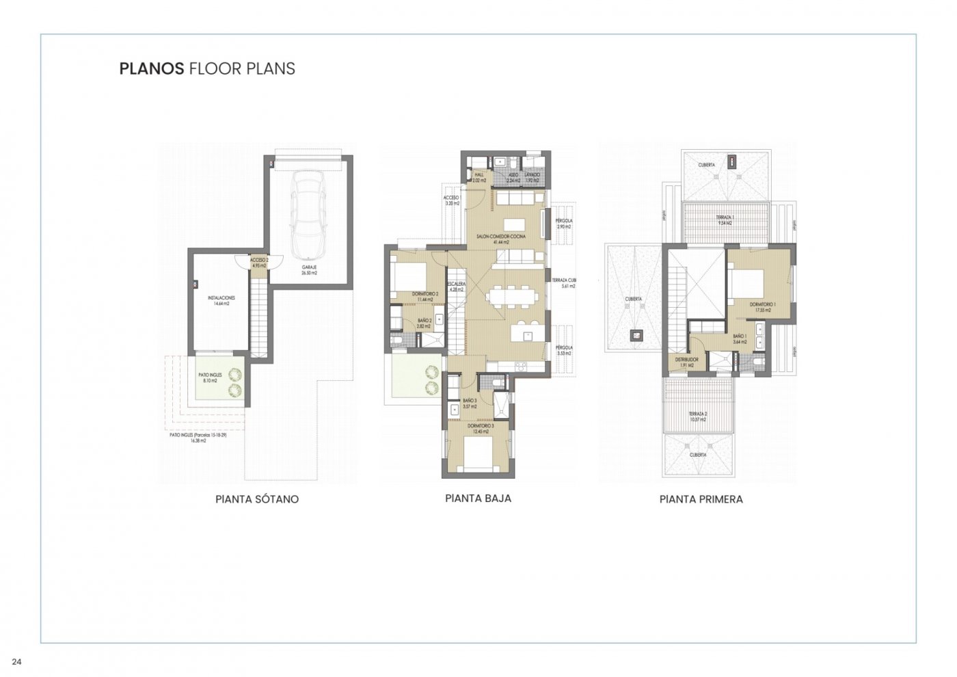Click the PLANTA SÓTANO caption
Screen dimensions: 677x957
[x=257, y=499]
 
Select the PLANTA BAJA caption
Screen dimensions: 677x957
[x=478, y=499]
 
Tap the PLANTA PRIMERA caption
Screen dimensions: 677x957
[x=701, y=499]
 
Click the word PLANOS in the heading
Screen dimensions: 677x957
[x=151, y=68]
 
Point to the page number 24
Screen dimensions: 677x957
[x=16, y=661]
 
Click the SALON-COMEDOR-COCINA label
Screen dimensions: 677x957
[x=501, y=238]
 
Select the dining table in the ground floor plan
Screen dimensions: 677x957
[x=513, y=296]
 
